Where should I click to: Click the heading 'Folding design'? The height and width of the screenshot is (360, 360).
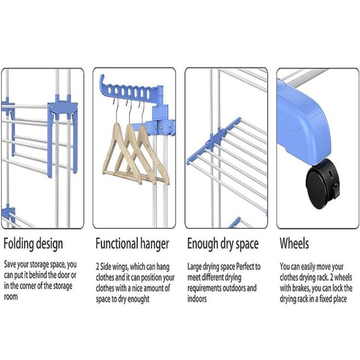coord(33,244)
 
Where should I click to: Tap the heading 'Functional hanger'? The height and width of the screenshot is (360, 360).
coord(132,244)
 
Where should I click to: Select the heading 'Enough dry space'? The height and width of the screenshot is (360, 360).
coord(223,244)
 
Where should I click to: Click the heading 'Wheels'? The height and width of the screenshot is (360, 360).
coord(294,243)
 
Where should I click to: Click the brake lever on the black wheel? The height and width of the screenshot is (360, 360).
coord(336,191)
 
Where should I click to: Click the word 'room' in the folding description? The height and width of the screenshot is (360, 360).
coord(11,297)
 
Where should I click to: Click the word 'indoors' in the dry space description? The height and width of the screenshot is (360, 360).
coord(197,299)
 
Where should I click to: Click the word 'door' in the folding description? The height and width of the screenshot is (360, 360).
coord(63,275)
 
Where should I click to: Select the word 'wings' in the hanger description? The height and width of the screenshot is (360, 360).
coord(120,267)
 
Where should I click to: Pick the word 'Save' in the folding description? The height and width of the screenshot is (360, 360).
coord(10,264)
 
